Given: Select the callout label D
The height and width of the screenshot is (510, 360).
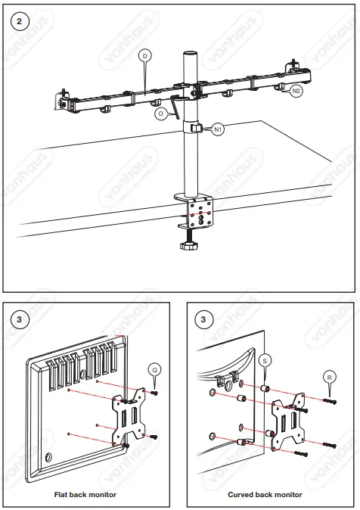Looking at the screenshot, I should point(144,55).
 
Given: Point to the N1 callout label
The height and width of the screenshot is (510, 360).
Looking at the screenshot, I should point(218,130).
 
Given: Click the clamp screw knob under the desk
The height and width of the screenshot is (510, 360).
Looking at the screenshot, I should point(188,244).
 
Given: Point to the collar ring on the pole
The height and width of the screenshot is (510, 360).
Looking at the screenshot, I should point(192,128).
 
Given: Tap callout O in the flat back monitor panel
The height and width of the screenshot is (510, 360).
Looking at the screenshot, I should point(154,369).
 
